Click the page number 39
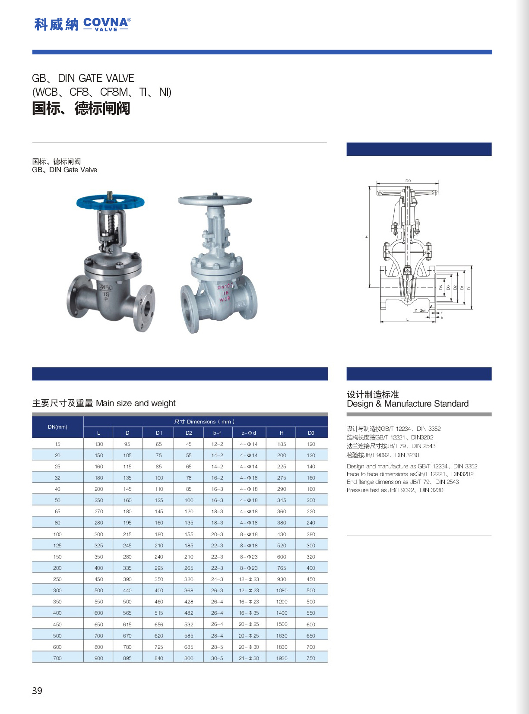point(37,690)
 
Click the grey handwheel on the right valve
point(215,200)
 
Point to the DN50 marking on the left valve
point(106,287)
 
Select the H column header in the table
point(282,433)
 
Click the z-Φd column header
point(249,433)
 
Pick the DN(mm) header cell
point(57,427)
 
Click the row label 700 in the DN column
point(57,658)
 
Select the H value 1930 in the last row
point(282,658)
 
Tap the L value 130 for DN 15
point(99,444)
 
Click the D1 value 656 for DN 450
point(159,624)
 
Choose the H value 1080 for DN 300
point(282,590)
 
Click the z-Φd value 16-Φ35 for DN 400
point(249,613)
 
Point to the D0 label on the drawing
point(408,181)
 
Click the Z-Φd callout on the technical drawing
point(420,310)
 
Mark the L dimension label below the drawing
point(408,319)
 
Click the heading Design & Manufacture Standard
point(407,404)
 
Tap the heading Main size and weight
point(135,403)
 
